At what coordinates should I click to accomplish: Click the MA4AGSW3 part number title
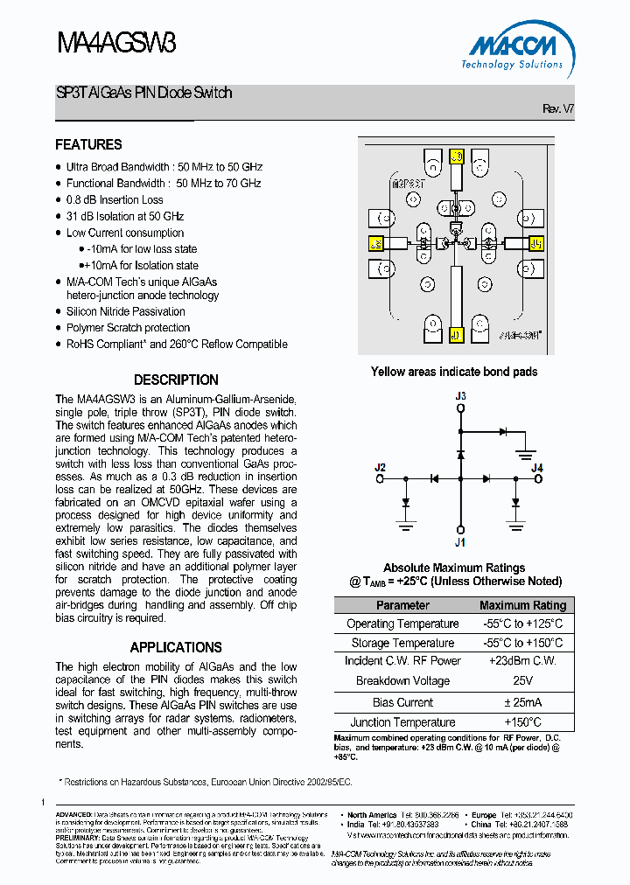click(115, 43)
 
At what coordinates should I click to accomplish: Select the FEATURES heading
click(88, 144)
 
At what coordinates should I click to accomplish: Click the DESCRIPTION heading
click(176, 380)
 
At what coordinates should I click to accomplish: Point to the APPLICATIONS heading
click(176, 647)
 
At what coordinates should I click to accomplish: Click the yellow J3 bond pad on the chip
click(455, 157)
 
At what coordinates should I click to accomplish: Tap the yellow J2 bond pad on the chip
click(376, 244)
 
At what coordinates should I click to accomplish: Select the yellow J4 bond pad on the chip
click(535, 243)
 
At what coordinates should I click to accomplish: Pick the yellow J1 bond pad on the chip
click(455, 334)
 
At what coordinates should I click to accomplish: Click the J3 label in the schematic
click(460, 397)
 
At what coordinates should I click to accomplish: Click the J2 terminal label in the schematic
click(380, 468)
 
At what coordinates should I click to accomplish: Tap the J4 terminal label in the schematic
click(537, 468)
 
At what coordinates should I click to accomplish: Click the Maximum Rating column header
click(522, 605)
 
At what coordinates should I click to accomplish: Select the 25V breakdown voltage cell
click(522, 680)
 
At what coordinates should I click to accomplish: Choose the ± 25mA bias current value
click(522, 702)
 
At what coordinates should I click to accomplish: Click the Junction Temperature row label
click(402, 722)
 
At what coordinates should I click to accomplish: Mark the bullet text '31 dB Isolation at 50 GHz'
click(125, 216)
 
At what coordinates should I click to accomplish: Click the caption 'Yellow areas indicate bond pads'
click(454, 372)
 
